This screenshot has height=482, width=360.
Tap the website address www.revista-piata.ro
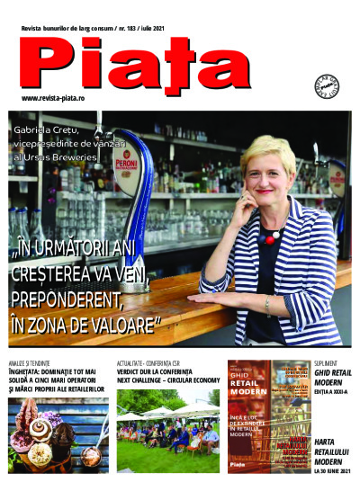58,97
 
